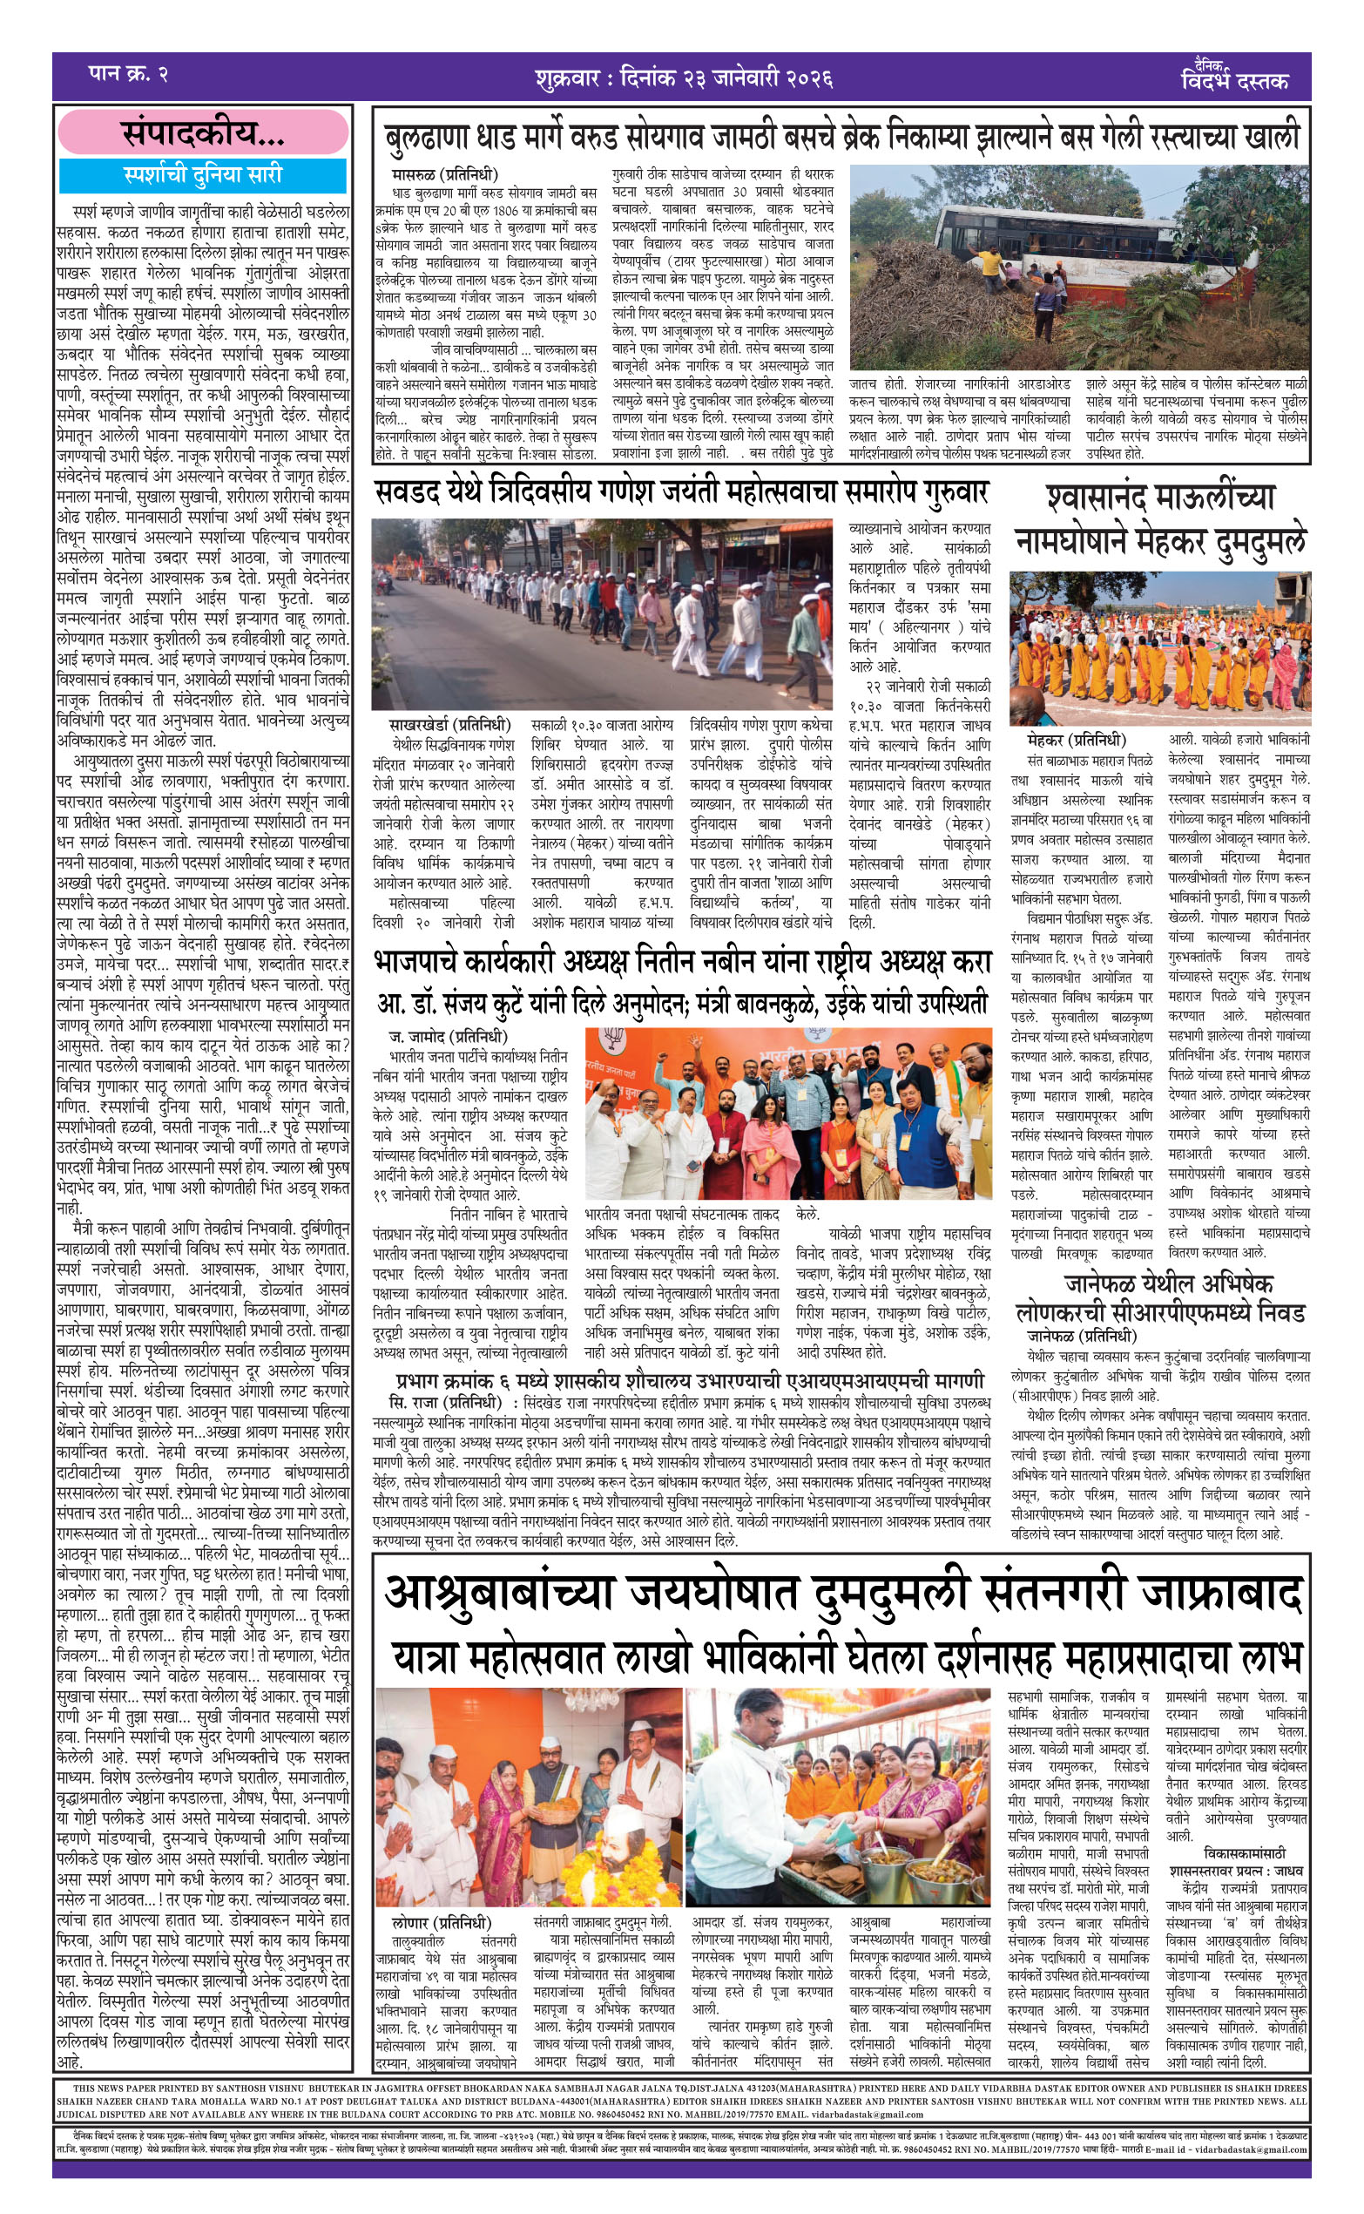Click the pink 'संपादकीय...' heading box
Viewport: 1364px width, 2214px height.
203,132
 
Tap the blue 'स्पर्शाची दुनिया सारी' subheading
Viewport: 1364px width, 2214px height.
203,175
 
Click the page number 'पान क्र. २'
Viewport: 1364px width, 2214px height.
128,73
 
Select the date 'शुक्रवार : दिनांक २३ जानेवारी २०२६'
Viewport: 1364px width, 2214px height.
682,78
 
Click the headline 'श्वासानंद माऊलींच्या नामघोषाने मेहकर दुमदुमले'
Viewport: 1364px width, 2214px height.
1160,518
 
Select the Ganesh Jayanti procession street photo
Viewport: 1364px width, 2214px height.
602,613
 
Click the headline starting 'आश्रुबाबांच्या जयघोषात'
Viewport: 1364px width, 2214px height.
842,1594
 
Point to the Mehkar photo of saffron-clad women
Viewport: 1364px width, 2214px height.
1159,647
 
